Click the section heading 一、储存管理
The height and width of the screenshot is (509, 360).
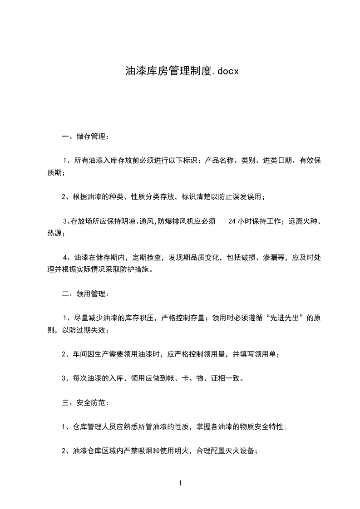(x=85, y=136)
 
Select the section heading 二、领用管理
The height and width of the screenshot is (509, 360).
(x=85, y=294)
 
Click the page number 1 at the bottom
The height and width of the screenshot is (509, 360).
(x=180, y=483)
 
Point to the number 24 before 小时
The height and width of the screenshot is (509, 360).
(x=232, y=222)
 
